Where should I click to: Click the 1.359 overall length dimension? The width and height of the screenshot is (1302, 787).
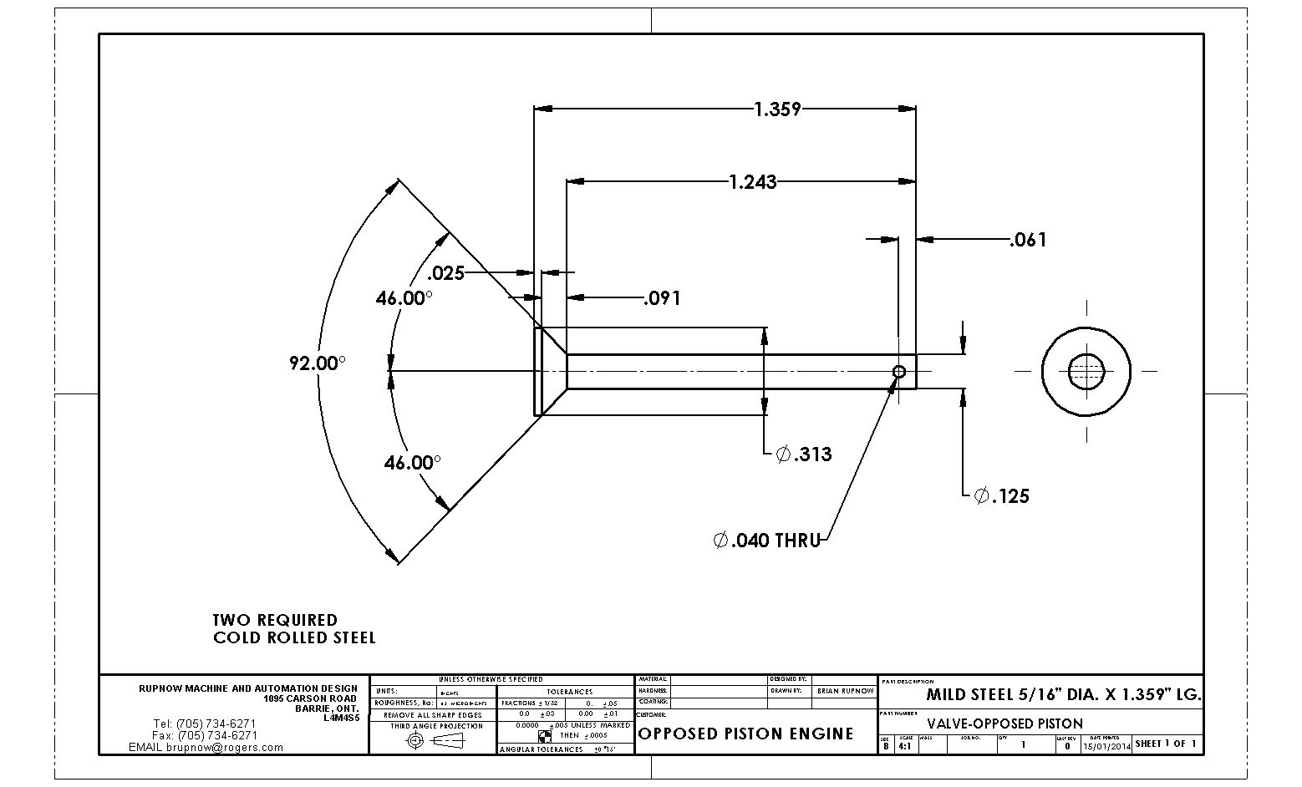(x=777, y=109)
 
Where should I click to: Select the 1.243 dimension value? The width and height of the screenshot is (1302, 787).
(x=752, y=181)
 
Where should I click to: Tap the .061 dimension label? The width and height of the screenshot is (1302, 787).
(x=1028, y=240)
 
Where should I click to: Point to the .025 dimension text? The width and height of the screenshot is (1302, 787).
(x=445, y=272)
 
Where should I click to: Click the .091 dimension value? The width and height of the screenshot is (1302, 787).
(x=662, y=298)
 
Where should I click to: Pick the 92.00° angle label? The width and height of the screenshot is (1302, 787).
(x=318, y=363)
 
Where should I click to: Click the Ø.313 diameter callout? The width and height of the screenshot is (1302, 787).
(x=804, y=454)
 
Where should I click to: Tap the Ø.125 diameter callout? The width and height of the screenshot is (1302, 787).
(x=1002, y=496)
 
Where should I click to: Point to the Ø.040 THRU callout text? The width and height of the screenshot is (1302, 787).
(x=767, y=541)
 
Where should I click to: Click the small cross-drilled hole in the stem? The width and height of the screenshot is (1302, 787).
(x=899, y=372)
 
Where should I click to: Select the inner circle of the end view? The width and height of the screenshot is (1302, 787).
(x=1086, y=371)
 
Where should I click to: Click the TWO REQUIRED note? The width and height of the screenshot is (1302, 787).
(x=275, y=620)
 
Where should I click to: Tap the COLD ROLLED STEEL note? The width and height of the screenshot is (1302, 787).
(x=294, y=638)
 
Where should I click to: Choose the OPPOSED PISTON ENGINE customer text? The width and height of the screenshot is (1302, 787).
(x=745, y=734)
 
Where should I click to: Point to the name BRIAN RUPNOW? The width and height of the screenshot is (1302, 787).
(x=845, y=691)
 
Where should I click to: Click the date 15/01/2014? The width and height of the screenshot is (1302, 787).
(x=1106, y=744)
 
